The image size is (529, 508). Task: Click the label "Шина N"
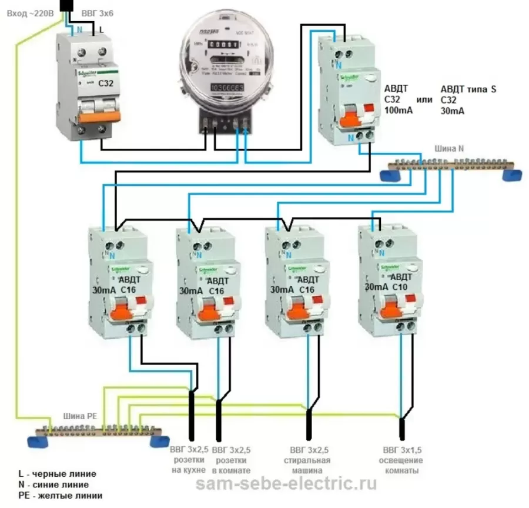[x=450, y=149]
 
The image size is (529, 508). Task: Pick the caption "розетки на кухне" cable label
[x=188, y=461]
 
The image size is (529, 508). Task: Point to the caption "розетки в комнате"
[x=233, y=461]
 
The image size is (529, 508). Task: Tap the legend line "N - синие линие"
[x=54, y=484]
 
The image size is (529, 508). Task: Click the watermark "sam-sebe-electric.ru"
[x=286, y=484]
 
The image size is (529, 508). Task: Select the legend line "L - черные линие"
[x=57, y=473]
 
